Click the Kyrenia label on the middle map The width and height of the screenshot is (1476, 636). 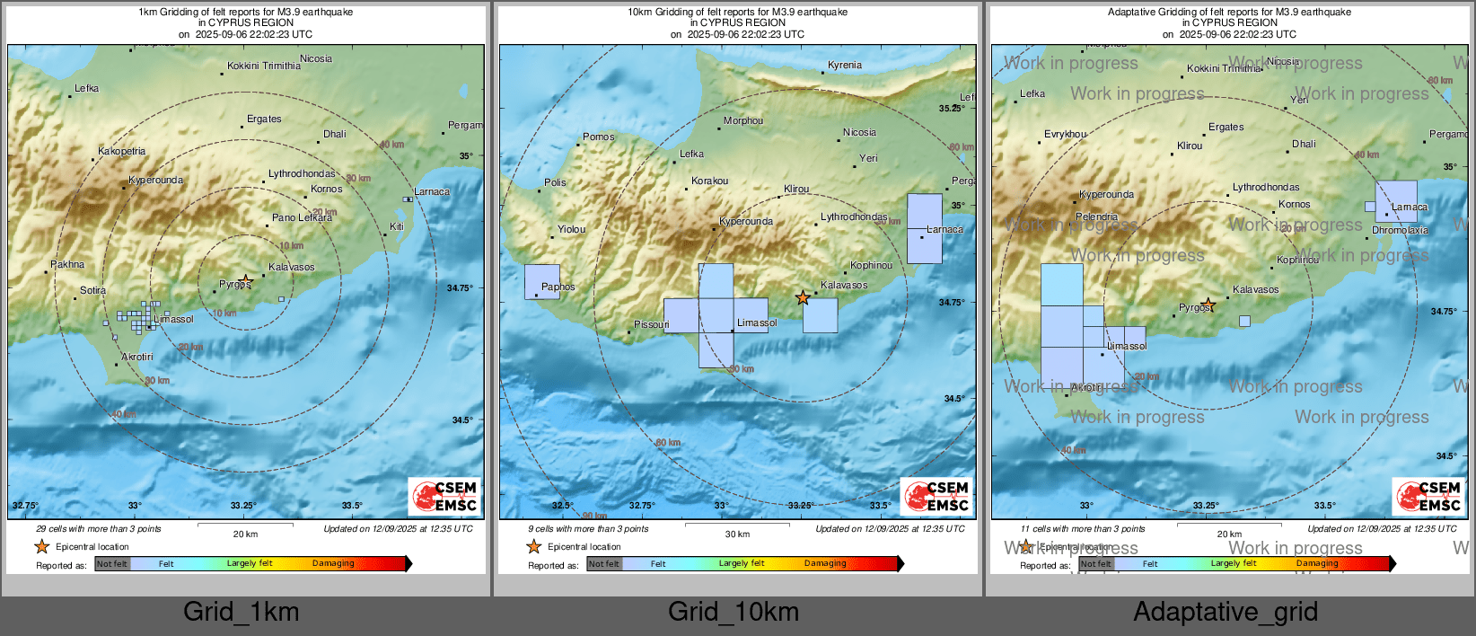click(844, 66)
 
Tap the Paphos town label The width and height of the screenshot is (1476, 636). click(558, 287)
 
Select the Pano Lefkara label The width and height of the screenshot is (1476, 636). click(302, 217)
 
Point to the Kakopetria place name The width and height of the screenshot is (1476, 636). click(121, 152)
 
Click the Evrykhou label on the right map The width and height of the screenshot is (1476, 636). click(1065, 135)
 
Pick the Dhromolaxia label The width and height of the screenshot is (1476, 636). click(1400, 231)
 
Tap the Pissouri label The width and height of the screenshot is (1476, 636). click(651, 324)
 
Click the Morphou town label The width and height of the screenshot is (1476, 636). click(743, 121)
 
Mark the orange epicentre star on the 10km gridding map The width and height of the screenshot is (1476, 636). click(803, 297)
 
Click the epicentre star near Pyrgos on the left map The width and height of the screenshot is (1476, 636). click(246, 281)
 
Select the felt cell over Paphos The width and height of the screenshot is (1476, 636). click(542, 281)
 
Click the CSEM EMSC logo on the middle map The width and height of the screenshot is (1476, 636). click(936, 496)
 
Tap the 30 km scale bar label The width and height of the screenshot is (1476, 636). click(737, 534)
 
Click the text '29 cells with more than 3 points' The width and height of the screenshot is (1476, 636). click(99, 529)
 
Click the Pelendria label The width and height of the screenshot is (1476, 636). click(1096, 217)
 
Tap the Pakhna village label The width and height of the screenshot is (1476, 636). click(67, 265)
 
